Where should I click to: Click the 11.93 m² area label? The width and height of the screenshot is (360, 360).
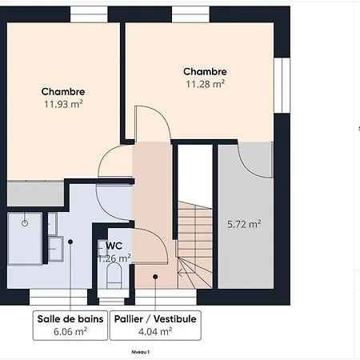point(63,104)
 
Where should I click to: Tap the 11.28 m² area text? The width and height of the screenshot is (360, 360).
point(205,84)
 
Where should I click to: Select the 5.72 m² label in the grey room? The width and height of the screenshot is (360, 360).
point(244,224)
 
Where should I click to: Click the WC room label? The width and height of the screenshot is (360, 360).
point(114,246)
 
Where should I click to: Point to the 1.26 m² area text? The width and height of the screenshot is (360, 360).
point(114,258)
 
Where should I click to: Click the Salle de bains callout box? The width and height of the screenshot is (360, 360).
point(70,326)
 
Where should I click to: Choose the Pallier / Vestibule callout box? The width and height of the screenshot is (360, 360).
point(155,326)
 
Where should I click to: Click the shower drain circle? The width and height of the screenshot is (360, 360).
point(25,223)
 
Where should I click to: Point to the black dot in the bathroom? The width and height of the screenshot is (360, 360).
point(70,242)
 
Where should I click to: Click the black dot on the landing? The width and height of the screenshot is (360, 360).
point(155,277)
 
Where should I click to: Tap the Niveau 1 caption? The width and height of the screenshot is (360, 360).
point(140,352)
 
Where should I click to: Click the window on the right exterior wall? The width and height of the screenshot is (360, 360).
point(282,86)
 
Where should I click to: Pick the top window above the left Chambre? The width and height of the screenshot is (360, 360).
point(89,14)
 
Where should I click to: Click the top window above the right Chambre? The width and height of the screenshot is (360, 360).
point(190,14)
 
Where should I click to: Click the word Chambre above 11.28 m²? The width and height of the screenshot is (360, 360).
point(205,71)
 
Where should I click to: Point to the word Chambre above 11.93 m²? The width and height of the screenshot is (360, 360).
point(63,91)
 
